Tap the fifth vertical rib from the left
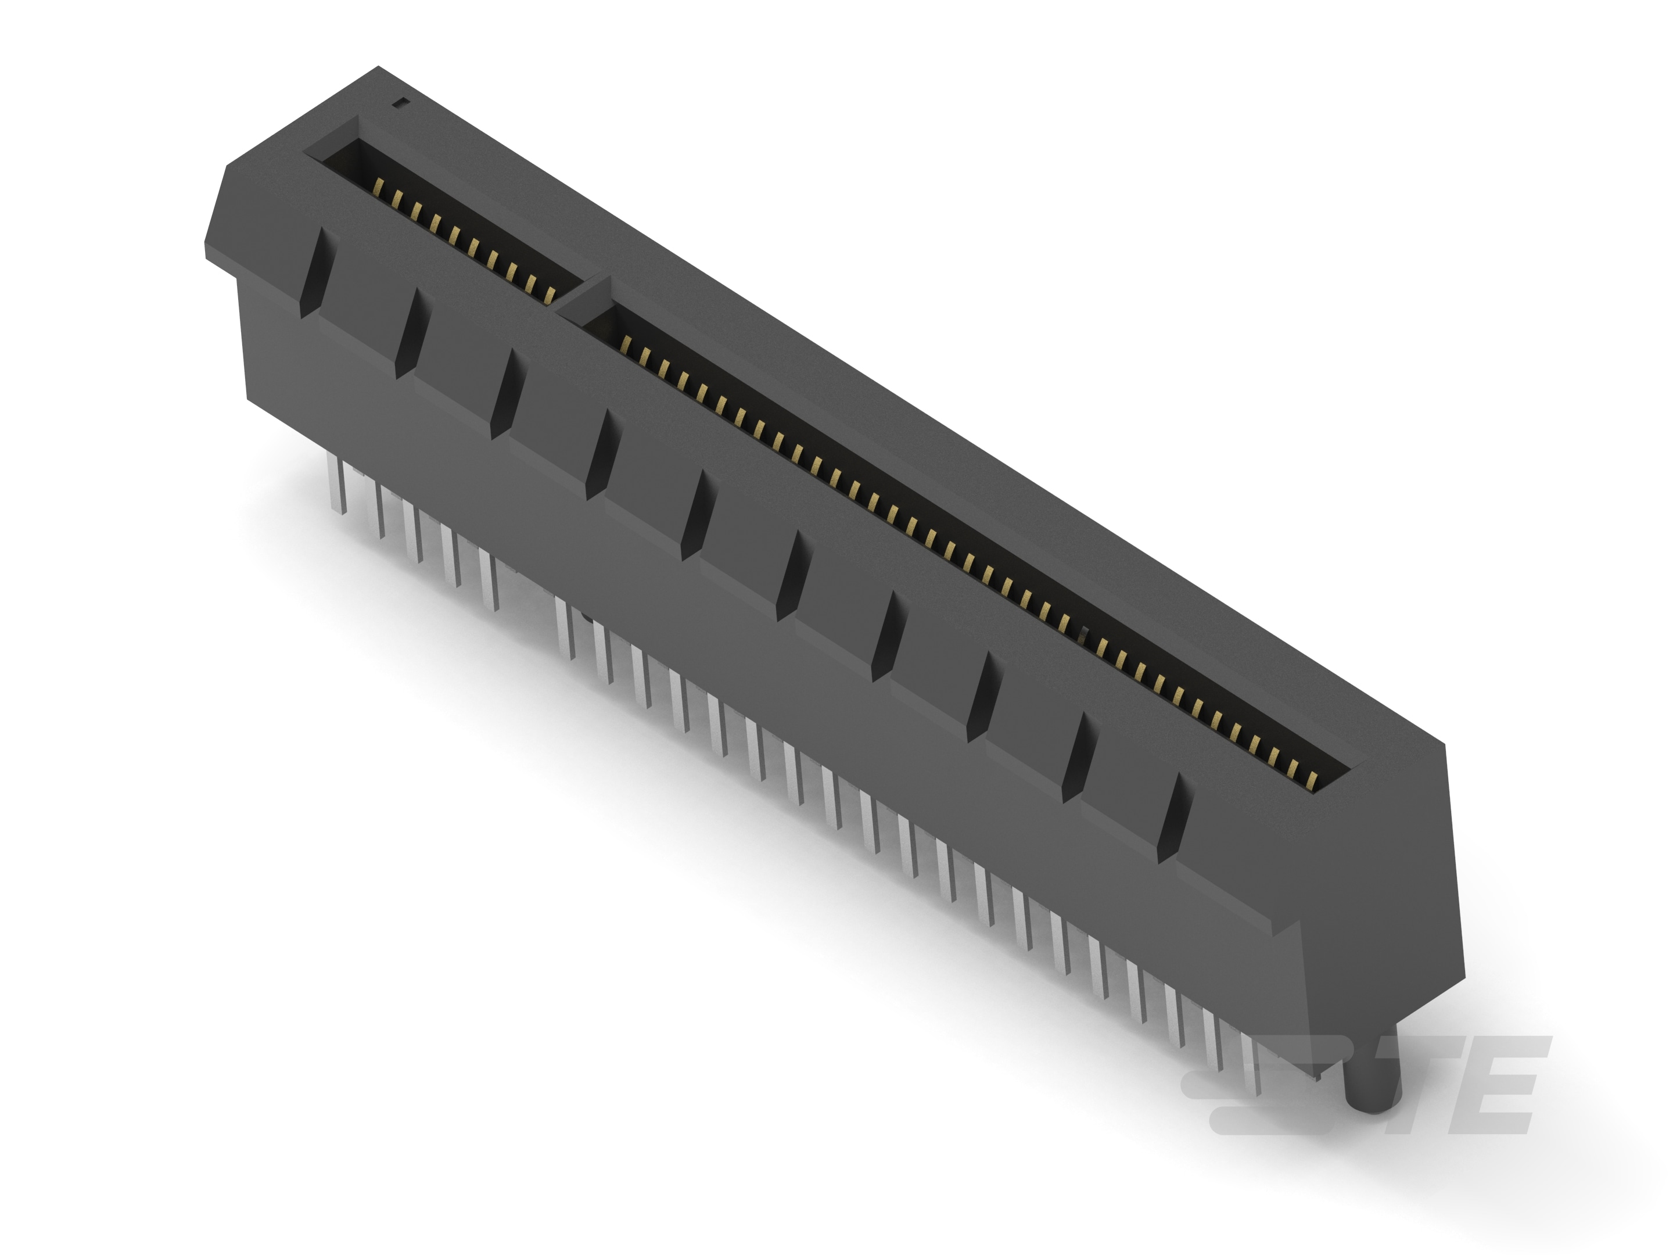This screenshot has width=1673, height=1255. (696, 514)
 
